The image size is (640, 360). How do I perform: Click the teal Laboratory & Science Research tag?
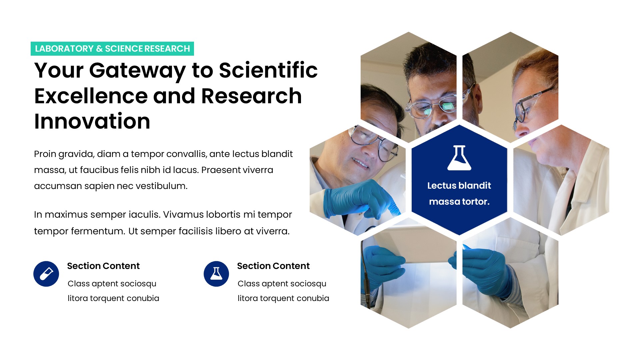pyautogui.click(x=112, y=49)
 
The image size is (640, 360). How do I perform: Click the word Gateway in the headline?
pyautogui.click(x=137, y=71)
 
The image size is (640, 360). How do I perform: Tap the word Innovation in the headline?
pyautogui.click(x=92, y=121)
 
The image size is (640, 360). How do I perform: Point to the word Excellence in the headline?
pyautogui.click(x=91, y=96)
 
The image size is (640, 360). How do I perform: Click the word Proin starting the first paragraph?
pyautogui.click(x=45, y=154)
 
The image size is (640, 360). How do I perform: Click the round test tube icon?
pyautogui.click(x=46, y=274)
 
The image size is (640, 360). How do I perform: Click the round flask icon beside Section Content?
pyautogui.click(x=216, y=274)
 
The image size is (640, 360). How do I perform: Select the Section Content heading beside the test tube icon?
pyautogui.click(x=103, y=266)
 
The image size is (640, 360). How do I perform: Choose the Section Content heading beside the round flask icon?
pyautogui.click(x=273, y=266)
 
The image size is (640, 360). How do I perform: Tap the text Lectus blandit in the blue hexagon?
pyautogui.click(x=459, y=186)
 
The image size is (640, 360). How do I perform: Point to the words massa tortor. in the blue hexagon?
pyautogui.click(x=459, y=202)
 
